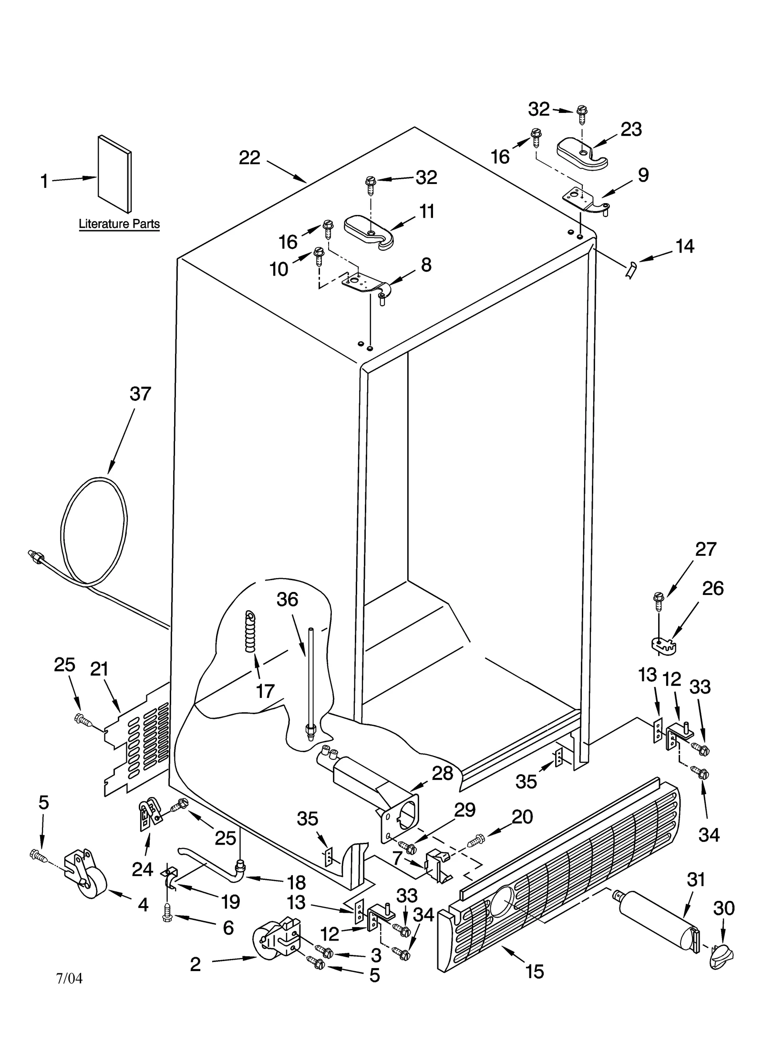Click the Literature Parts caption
[119, 224]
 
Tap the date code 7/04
[69, 978]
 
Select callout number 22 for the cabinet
[249, 158]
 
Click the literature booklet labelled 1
[114, 174]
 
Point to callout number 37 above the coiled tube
[140, 394]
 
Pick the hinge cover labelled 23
[582, 153]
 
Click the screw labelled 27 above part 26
[659, 602]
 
